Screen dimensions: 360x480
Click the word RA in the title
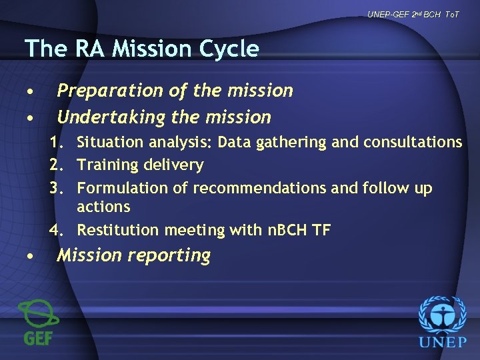pyautogui.click(x=87, y=49)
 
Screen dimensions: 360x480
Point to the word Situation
pyautogui.click(x=110, y=142)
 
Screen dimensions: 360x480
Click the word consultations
pyautogui.click(x=413, y=142)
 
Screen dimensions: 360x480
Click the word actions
pyautogui.click(x=103, y=207)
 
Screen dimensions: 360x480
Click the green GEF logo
pyautogui.click(x=39, y=322)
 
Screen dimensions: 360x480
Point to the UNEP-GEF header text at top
pyautogui.click(x=413, y=15)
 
